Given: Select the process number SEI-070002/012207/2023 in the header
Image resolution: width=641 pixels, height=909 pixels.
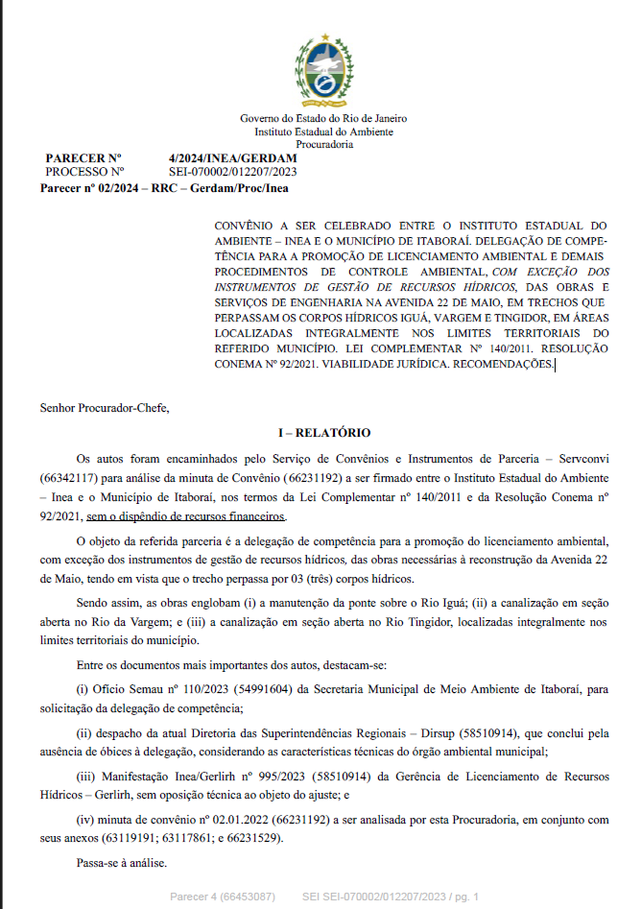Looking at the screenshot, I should [x=232, y=171].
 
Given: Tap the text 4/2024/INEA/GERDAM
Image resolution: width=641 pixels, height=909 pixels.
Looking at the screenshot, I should [x=232, y=157].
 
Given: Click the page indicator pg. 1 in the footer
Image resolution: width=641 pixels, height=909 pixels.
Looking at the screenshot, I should [x=461, y=896].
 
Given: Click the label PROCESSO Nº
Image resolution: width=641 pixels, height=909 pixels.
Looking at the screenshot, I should [x=84, y=171].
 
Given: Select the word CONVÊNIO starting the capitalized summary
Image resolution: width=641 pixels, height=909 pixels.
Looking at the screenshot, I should [x=246, y=223].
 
